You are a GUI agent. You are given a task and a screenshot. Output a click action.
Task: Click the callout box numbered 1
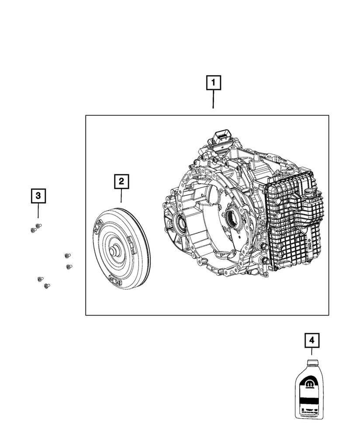[213, 83]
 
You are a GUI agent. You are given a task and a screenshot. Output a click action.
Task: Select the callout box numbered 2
[121, 180]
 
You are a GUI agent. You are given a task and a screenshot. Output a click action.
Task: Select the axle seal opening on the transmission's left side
[180, 223]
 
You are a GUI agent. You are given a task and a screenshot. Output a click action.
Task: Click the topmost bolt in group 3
[38, 225]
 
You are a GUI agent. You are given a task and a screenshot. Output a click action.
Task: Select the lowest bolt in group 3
[46, 286]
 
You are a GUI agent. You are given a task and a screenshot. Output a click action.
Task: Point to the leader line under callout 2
[121, 195]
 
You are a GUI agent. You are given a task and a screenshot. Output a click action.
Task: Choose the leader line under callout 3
[38, 212]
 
